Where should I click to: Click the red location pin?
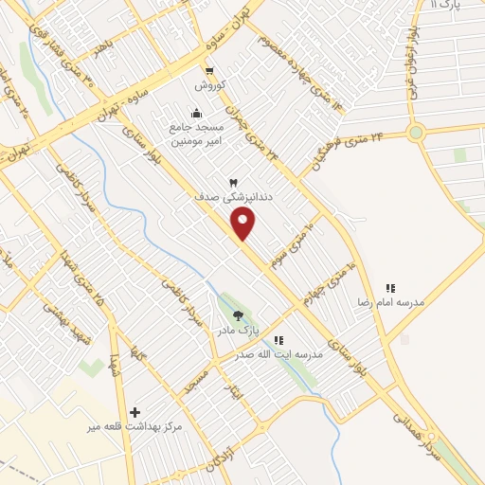coord(243,223)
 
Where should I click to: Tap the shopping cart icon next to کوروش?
coord(208,71)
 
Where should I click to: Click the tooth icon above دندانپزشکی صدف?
coord(233,182)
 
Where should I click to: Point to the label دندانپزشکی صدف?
coord(226,198)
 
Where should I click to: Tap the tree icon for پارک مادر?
coord(238,316)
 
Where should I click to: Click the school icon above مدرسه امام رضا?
coord(389,287)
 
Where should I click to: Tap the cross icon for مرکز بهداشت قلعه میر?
coord(135,412)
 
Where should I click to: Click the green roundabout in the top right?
coord(416,133)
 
